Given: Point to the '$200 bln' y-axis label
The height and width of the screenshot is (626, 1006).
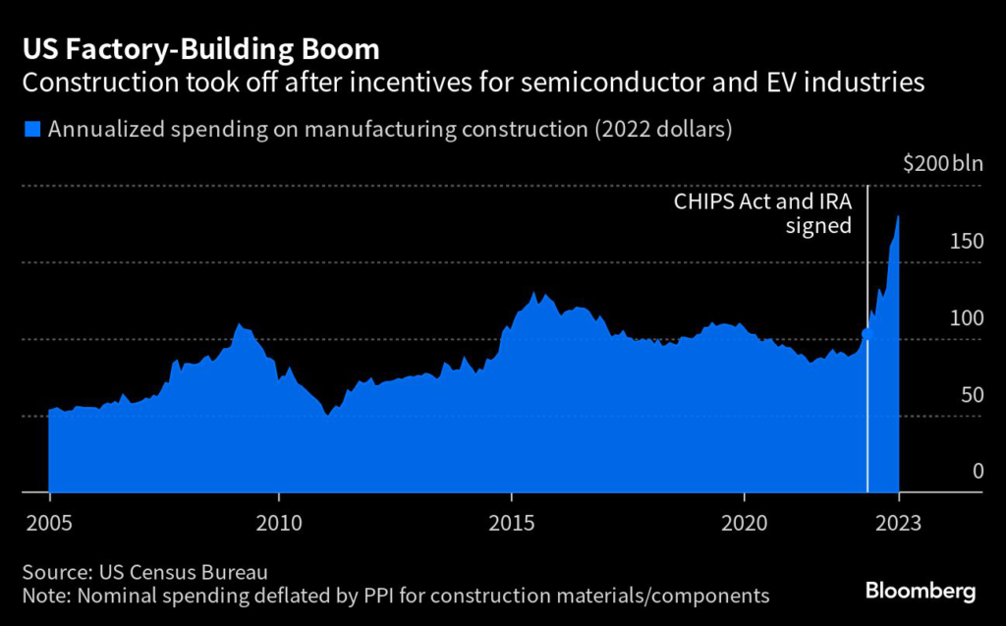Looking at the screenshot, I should [942, 164].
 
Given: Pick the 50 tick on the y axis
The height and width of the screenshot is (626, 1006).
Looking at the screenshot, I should [972, 394].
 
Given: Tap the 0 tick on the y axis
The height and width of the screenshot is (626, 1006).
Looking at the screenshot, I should [978, 471].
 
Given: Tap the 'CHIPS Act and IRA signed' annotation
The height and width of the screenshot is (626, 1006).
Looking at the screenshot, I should [761, 213].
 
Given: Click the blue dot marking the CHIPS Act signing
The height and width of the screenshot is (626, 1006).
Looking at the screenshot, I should [866, 333].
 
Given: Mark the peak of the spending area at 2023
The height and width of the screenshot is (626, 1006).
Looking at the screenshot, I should [899, 216].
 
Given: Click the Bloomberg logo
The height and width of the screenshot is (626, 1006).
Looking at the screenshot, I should [920, 592].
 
